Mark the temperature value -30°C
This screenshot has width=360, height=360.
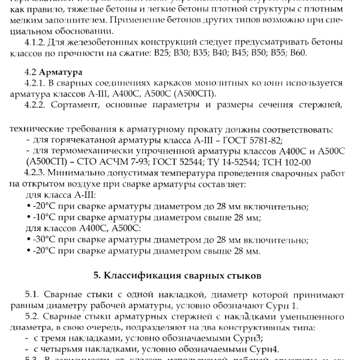point(42,240)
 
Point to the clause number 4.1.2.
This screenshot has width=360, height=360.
point(35,42)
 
